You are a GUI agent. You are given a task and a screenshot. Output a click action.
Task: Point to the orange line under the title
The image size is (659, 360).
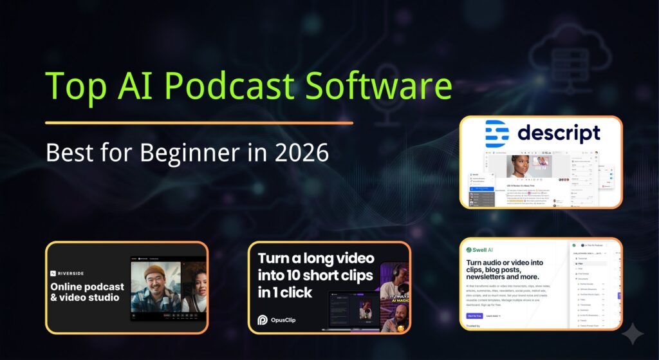coord(199,122)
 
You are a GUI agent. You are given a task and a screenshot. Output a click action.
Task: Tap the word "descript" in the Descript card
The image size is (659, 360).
coord(559,133)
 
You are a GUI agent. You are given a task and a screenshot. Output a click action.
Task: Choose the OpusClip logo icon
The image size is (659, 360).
coord(263,319)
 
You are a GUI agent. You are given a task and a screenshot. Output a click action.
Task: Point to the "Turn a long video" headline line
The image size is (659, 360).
coord(316,259)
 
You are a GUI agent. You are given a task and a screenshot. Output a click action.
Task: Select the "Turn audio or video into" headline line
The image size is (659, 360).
coord(505,263)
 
